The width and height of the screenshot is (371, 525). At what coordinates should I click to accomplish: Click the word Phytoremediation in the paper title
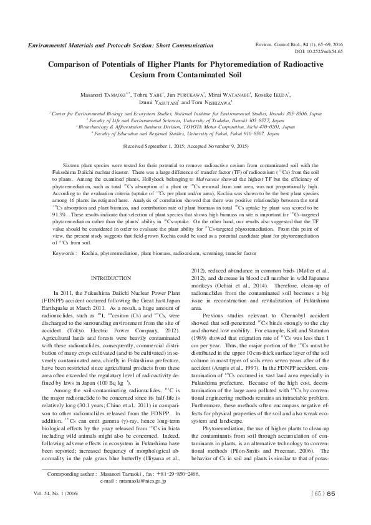coord(247,63)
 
